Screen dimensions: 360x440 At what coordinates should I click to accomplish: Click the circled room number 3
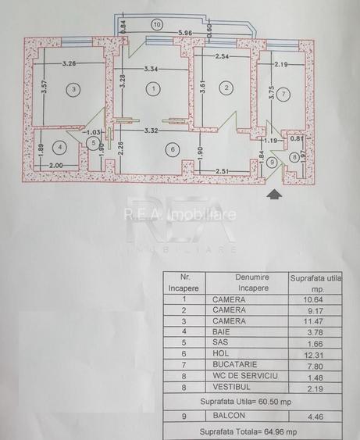(73, 89)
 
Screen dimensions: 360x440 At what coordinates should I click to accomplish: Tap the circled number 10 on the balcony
(157, 25)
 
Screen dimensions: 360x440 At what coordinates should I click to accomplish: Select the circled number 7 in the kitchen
(283, 94)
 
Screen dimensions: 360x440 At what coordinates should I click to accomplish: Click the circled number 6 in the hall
(173, 149)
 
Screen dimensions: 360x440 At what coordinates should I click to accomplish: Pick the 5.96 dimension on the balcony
(185, 33)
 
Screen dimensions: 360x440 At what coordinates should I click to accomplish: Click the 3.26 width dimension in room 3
(69, 63)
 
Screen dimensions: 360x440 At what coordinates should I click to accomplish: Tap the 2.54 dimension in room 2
(222, 56)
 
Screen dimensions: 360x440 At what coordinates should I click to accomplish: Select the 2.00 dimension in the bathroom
(55, 166)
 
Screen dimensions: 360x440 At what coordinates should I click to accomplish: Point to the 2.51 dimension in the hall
(222, 170)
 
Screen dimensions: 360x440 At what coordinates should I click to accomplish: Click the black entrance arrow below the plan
(274, 194)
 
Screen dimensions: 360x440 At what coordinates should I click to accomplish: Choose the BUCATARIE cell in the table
(235, 364)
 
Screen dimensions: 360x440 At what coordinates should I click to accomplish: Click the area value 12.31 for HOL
(314, 355)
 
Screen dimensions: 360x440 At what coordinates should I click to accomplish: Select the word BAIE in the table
(221, 331)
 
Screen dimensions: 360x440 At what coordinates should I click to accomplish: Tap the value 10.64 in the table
(313, 299)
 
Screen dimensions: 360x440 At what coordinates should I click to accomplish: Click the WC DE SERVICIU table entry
(245, 376)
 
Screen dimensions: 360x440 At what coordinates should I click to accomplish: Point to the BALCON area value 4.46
(315, 417)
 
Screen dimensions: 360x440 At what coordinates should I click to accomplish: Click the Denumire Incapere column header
(252, 283)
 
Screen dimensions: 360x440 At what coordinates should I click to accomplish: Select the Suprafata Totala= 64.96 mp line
(248, 431)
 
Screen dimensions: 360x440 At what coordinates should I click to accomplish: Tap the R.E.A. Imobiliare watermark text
(180, 215)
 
